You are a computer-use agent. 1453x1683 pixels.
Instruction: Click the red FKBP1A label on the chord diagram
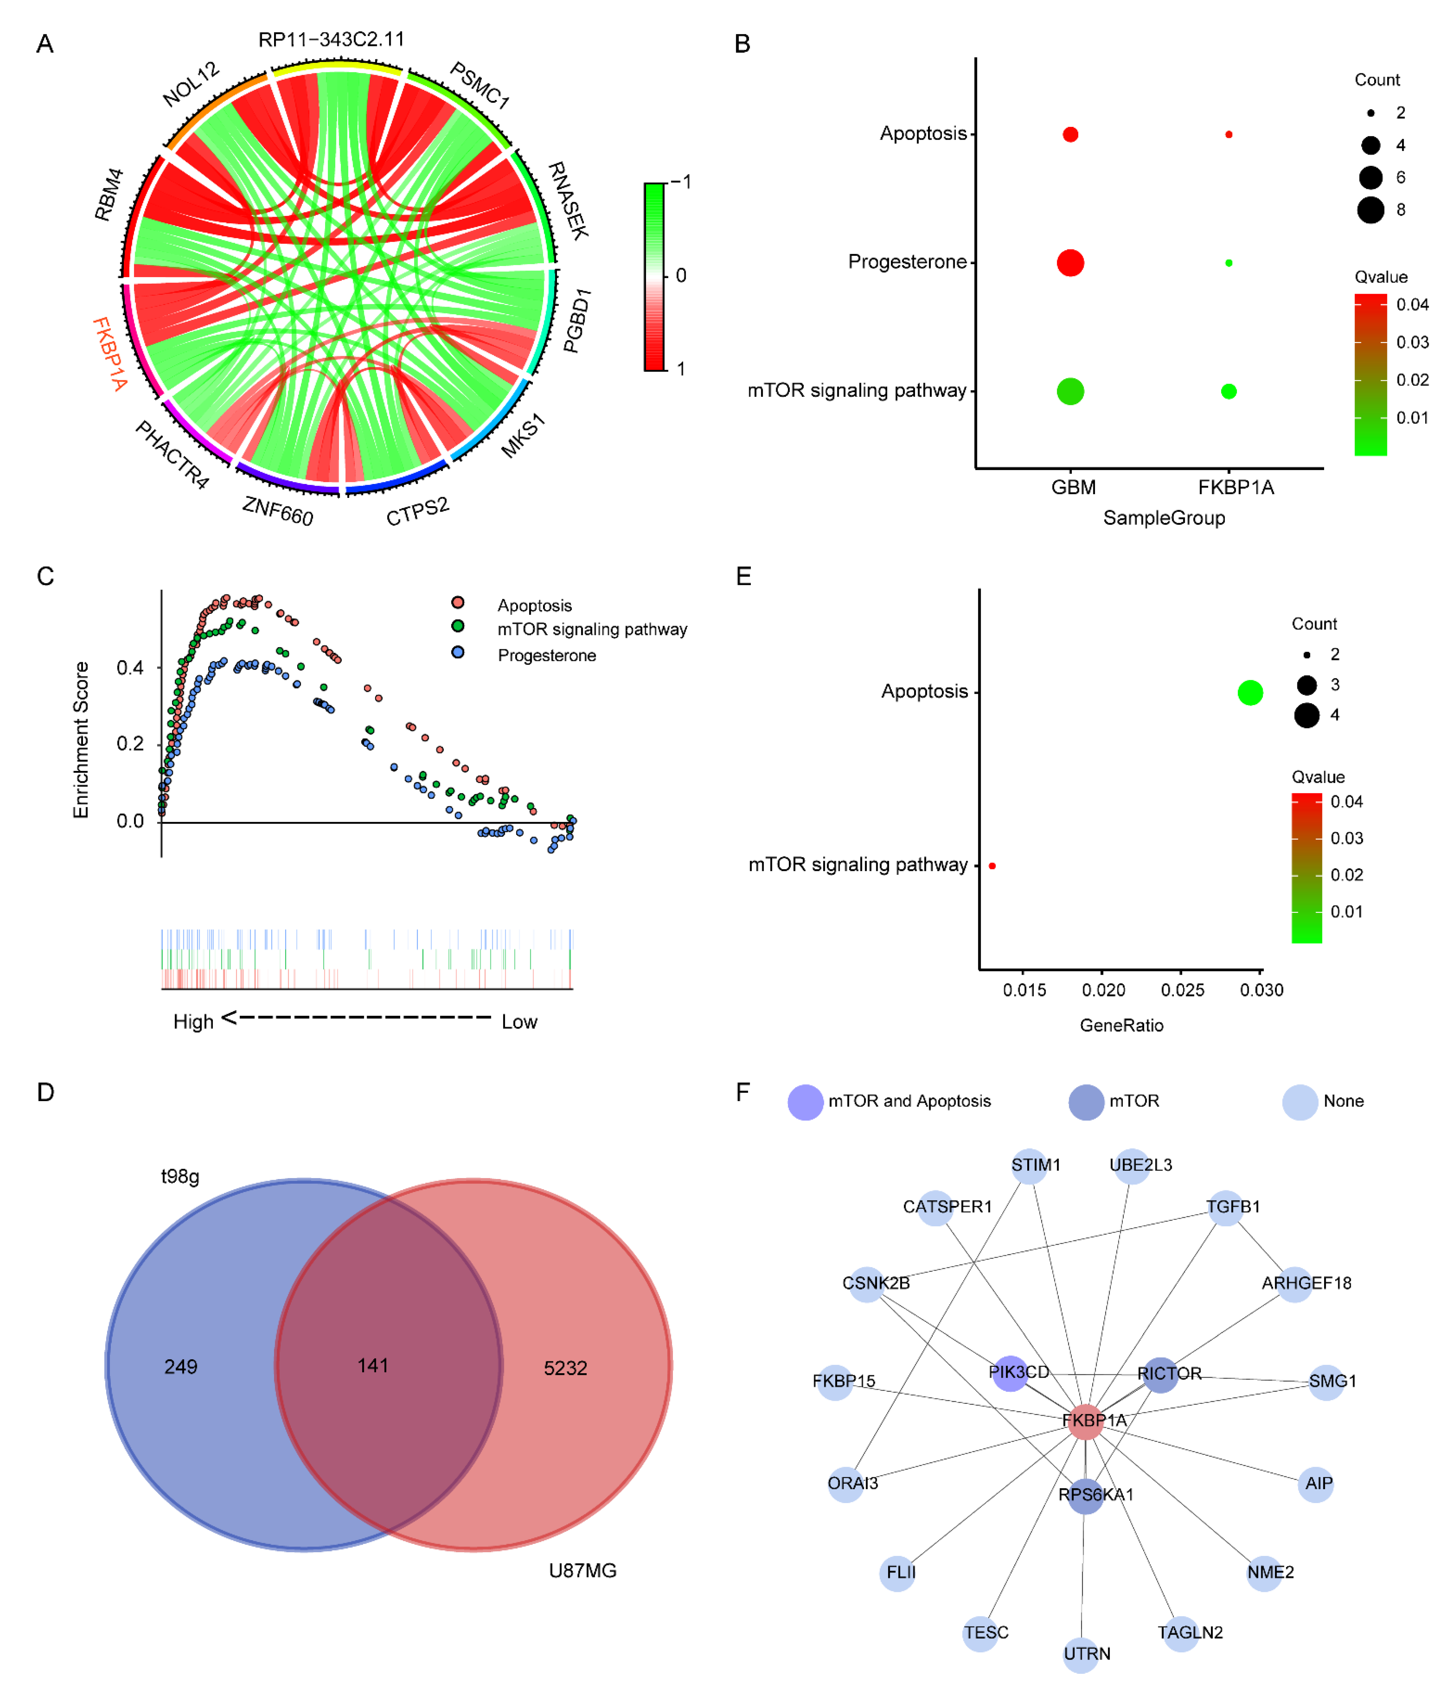pos(109,354)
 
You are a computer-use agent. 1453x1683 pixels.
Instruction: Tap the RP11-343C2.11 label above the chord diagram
pos(332,39)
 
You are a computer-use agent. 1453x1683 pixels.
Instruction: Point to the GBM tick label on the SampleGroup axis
pos(1073,487)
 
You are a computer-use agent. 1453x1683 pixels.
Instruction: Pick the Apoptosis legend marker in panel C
pos(458,602)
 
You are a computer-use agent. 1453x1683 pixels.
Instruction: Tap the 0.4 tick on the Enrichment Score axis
pos(130,668)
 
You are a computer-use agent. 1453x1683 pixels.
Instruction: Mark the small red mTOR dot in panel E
pos(992,866)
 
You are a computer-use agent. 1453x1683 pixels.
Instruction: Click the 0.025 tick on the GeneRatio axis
pos(1182,990)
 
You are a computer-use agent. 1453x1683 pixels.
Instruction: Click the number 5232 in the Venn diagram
pos(565,1368)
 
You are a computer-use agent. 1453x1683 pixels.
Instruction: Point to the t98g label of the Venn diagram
pos(180,1176)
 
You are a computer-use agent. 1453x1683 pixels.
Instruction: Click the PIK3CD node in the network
pos(1010,1373)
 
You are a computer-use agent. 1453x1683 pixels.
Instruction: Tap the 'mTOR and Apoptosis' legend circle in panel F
pos(805,1101)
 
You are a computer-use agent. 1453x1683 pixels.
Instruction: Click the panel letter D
pos(46,1092)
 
